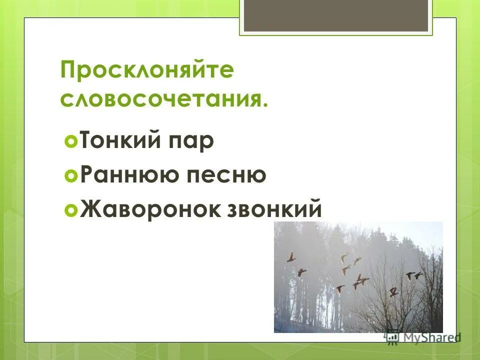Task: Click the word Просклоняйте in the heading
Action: pos(147,71)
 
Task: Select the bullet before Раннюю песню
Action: pos(71,176)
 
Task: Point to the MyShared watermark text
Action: pos(430,338)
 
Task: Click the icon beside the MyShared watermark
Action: pos(392,338)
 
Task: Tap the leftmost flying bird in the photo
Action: pos(290,257)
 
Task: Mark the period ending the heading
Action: pos(264,103)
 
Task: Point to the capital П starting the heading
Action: pos(67,71)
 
